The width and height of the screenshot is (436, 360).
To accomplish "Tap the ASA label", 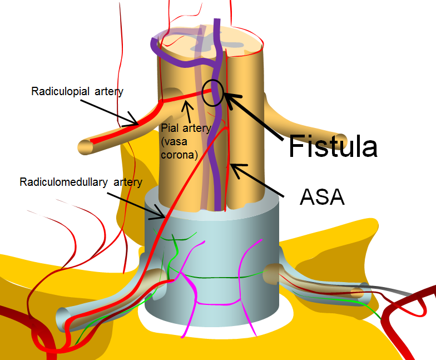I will [322, 196].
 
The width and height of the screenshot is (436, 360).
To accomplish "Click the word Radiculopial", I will [59, 91].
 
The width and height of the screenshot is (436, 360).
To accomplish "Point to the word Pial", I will [169, 129].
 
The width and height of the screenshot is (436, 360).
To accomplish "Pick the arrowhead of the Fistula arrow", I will [226, 98].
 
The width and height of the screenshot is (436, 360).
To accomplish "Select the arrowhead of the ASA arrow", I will [234, 166].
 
